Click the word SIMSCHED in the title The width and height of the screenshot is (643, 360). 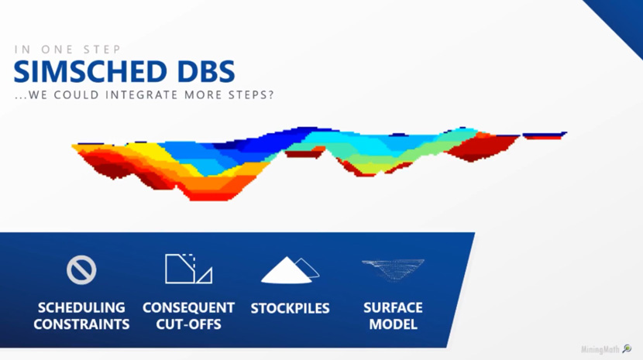(x=90, y=71)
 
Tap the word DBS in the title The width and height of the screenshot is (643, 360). (x=206, y=71)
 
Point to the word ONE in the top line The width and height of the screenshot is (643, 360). (x=57, y=50)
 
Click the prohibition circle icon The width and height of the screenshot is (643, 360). (x=81, y=269)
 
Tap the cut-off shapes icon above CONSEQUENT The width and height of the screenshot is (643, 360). (x=188, y=269)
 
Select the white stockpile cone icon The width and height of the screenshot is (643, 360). (x=290, y=270)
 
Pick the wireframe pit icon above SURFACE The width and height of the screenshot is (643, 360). (x=393, y=269)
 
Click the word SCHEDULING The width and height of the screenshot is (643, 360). (x=81, y=307)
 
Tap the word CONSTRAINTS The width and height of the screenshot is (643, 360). (x=81, y=324)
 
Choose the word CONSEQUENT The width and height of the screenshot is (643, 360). (x=188, y=307)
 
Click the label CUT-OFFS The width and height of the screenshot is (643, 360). (x=188, y=324)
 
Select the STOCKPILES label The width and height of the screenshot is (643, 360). (x=290, y=308)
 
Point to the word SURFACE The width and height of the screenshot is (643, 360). (x=393, y=307)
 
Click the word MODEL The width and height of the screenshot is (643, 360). (x=393, y=324)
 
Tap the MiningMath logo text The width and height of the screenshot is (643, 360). (x=600, y=350)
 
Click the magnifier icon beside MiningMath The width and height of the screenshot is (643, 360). (x=627, y=349)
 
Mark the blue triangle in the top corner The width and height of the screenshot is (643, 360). (x=623, y=19)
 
